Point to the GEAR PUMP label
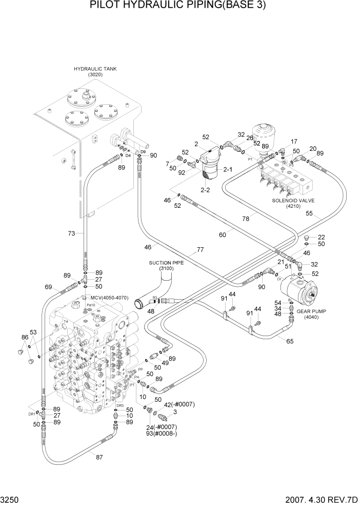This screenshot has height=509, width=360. [316, 311]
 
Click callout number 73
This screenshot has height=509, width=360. [72, 233]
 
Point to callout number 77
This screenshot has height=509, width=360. [200, 250]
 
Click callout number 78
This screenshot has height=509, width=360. [247, 218]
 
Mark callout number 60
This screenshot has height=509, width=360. [223, 234]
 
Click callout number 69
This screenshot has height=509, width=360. [49, 287]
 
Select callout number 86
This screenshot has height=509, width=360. [24, 338]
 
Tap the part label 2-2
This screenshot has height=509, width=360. [205, 190]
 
